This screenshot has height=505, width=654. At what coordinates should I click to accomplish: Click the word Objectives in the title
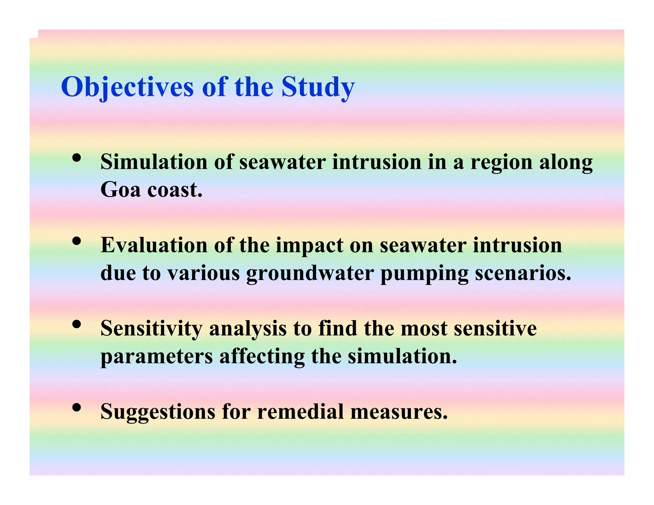pos(127,87)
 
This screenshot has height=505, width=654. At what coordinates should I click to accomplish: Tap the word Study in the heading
pos(318,87)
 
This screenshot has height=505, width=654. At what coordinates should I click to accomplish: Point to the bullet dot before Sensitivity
pos(76,324)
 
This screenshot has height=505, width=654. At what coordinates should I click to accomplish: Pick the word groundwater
pos(310,274)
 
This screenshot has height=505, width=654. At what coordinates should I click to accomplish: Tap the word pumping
pos(424,274)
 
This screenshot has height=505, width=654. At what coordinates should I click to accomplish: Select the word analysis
pos(247,329)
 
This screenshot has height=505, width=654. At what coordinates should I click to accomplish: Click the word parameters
pos(156,357)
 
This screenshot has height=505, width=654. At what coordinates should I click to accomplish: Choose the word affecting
pos(262,357)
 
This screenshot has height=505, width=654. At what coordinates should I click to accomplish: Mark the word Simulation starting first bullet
pos(154,162)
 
